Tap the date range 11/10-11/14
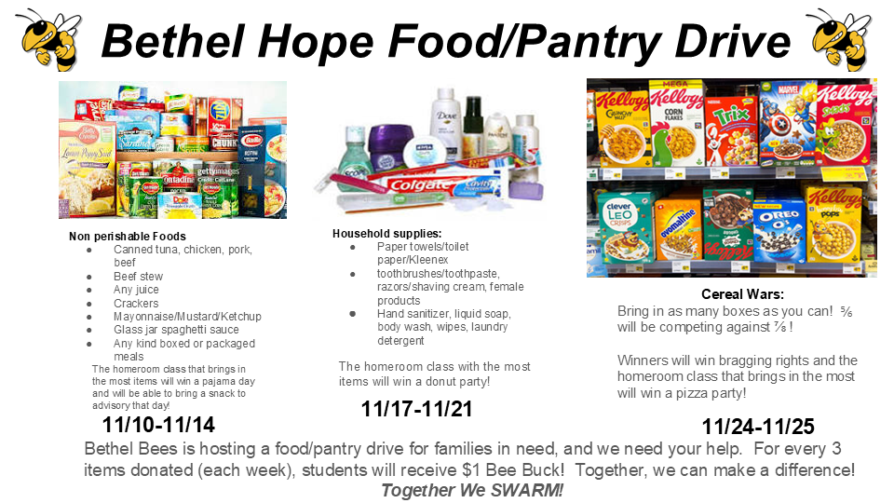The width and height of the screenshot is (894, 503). pos(158,425)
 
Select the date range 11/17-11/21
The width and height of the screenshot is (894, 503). pos(417,408)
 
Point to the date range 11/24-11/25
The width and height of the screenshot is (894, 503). pos(758,427)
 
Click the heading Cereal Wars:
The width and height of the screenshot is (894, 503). pos(742,294)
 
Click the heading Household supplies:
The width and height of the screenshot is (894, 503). pos(387,233)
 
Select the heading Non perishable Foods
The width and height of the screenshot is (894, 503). pos(128,237)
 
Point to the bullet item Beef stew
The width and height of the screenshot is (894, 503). pos(138,277)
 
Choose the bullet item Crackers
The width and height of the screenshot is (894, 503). pos(136,303)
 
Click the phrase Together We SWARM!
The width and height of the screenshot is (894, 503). pos(472,490)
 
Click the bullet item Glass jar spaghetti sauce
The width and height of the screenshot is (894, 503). pos(176,330)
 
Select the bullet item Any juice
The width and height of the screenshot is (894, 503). pos(135,290)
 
